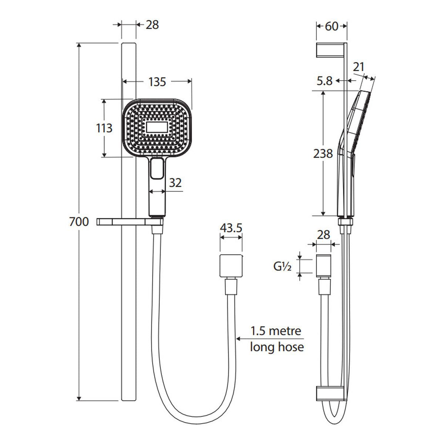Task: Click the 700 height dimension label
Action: [x=79, y=222]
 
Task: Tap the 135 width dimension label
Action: [x=157, y=82]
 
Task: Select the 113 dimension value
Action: [x=104, y=128]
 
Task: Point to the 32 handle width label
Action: [x=175, y=183]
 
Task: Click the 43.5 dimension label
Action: [x=231, y=228]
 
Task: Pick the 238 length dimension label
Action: [x=323, y=154]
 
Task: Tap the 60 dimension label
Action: [x=332, y=27]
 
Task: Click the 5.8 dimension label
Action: [x=324, y=81]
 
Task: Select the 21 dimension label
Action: [x=359, y=67]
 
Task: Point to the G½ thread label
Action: [x=282, y=267]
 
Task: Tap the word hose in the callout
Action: [x=290, y=347]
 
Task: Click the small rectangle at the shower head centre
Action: [x=157, y=127]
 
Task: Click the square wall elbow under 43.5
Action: [x=231, y=266]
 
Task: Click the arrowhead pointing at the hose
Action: [x=239, y=339]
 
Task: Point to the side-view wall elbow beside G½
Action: [x=323, y=266]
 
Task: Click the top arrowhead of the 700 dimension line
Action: [x=79, y=45]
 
